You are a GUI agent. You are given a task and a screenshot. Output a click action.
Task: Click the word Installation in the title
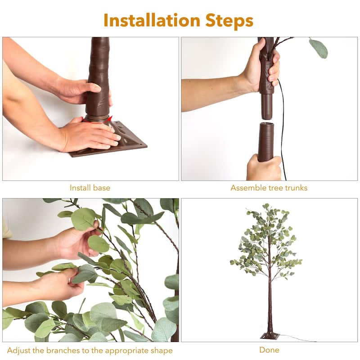click(x=152, y=20)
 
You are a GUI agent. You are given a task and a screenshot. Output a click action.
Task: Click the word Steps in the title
click(x=229, y=21)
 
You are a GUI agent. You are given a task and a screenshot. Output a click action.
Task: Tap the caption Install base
click(x=90, y=188)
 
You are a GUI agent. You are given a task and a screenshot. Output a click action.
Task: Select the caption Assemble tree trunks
click(x=269, y=188)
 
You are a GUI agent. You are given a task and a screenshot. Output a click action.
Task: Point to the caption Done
click(x=269, y=350)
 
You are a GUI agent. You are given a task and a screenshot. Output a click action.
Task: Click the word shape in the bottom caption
click(x=162, y=351)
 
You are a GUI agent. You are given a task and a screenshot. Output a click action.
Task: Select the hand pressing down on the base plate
click(x=92, y=135)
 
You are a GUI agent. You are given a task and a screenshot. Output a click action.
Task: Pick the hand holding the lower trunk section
click(x=264, y=167)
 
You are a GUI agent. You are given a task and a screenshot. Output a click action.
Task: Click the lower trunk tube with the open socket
click(x=266, y=142)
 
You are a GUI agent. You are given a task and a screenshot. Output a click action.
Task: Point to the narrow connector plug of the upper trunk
click(x=267, y=106)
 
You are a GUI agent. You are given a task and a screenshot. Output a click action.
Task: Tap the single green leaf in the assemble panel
click(x=318, y=49)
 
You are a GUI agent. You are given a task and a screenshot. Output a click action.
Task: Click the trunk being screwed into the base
click(x=98, y=76)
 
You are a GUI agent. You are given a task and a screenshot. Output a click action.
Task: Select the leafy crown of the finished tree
click(x=266, y=241)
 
